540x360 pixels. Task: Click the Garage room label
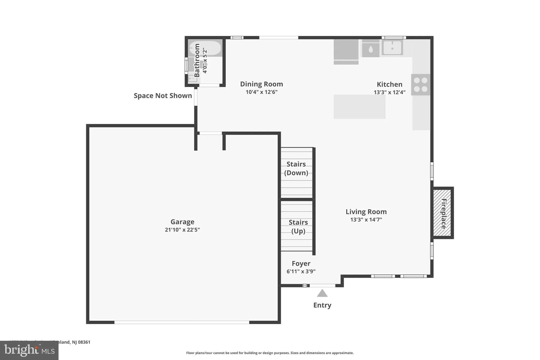(182, 222)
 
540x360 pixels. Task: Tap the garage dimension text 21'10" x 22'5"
(182, 230)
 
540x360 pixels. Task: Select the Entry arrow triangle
(322, 294)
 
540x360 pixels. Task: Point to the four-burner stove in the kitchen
(421, 85)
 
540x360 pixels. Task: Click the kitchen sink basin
(392, 48)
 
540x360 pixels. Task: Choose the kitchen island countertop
(359, 107)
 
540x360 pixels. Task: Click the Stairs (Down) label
(296, 168)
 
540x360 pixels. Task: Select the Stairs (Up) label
(298, 227)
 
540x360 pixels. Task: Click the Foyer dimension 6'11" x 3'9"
(301, 271)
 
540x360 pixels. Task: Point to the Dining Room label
(261, 84)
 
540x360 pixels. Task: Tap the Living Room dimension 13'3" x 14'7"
(366, 220)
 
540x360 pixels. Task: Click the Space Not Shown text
(163, 96)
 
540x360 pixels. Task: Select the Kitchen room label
(389, 84)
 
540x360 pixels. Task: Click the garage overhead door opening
(182, 322)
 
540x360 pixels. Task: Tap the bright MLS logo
(29, 350)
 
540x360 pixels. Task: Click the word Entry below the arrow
(322, 305)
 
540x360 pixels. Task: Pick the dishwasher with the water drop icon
(370, 49)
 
